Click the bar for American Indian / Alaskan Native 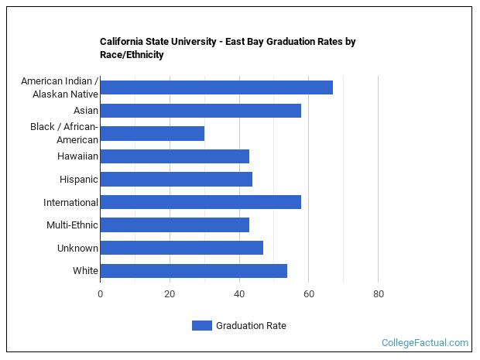coord(216,87)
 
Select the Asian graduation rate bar coord(201,111)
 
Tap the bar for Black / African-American coord(152,133)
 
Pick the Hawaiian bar coord(174,156)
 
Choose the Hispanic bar coord(176,180)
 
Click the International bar coord(201,202)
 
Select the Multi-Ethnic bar coord(174,225)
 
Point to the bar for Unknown coord(181,248)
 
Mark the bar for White coord(194,271)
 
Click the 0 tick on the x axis coord(100,294)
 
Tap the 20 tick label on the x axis coord(170,294)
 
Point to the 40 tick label coord(239,294)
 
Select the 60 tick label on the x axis coord(309,294)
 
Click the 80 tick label coord(378,294)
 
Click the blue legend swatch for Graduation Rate coord(201,326)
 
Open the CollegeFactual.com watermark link coord(425,342)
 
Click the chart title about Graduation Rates coord(227,48)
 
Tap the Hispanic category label coord(78,180)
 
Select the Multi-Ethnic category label coord(72,225)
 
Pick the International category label coord(70,203)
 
